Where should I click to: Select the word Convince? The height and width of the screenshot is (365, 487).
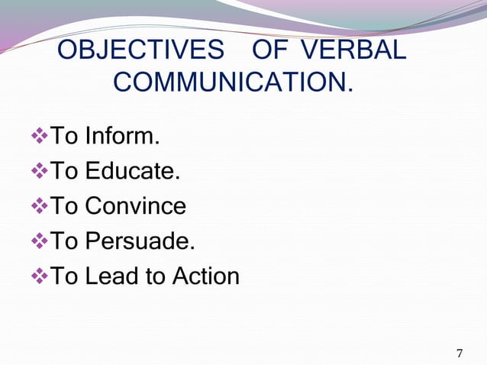(135, 206)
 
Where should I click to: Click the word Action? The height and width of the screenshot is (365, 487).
(205, 276)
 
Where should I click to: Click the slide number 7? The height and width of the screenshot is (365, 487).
(459, 353)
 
